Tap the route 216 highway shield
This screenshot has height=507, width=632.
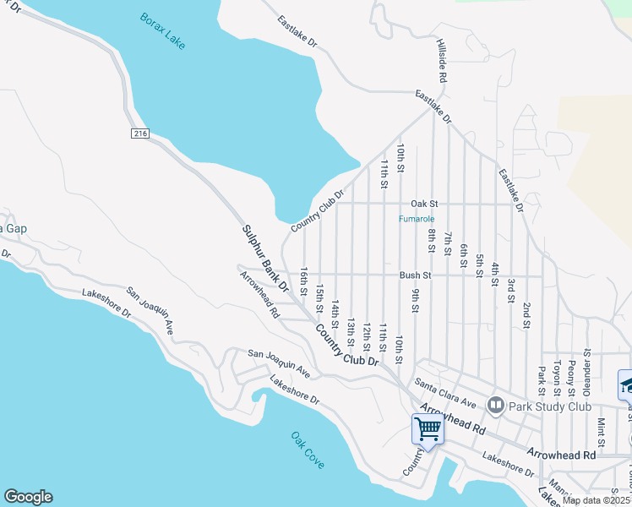tap(140, 134)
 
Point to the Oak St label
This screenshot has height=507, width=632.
tap(424, 204)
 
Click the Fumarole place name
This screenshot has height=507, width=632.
tap(417, 219)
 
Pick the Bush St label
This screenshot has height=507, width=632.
tap(416, 275)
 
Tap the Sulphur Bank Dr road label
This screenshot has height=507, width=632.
tap(266, 258)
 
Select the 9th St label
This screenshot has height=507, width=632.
tap(416, 300)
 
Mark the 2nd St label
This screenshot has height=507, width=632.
tap(526, 314)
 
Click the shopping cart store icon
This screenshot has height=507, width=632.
tap(428, 430)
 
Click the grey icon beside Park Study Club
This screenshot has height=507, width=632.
tap(495, 406)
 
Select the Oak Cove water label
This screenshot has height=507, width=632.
tap(308, 451)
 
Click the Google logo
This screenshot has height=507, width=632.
tap(28, 497)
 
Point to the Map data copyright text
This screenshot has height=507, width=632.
tap(596, 500)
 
